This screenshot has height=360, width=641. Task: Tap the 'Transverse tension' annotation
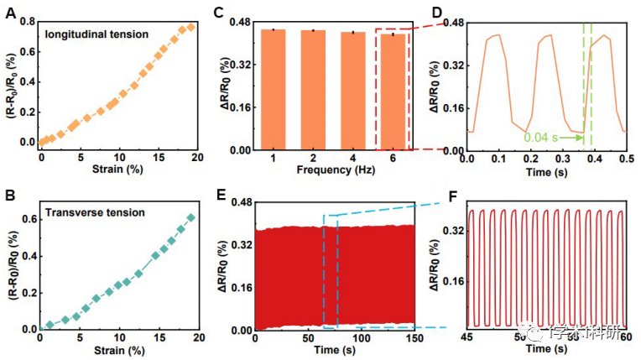[x=94, y=212]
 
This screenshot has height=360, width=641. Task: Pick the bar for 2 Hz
[x=313, y=90]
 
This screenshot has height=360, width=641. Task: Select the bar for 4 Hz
[x=352, y=91]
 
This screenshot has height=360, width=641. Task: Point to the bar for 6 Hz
[x=392, y=91]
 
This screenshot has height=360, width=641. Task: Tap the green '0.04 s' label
[x=542, y=136]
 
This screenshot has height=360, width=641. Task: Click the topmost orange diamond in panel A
[x=191, y=27]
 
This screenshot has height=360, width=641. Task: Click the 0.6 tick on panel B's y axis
[x=29, y=219]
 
